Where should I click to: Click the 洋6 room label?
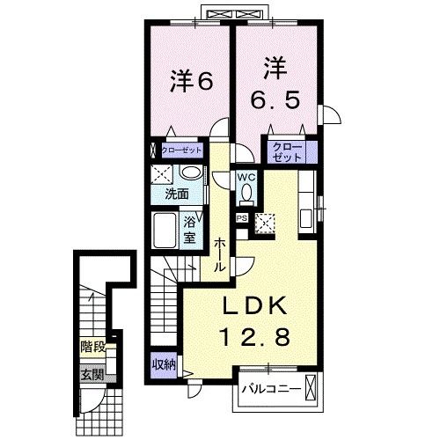click(x=192, y=81)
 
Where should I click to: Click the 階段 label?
click(x=92, y=347)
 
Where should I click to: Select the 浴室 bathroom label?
click(x=189, y=231)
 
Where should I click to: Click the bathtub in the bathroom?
click(x=164, y=231)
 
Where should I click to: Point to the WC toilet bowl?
click(x=246, y=191)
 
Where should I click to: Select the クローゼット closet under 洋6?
click(x=180, y=150)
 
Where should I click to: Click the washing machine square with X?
click(x=161, y=172)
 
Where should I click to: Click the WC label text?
click(x=245, y=174)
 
